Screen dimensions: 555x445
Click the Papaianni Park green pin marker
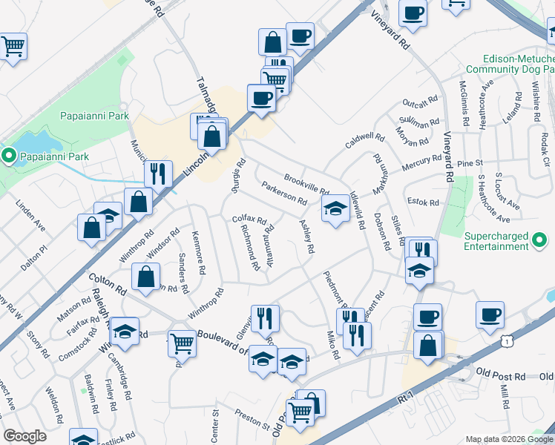9,156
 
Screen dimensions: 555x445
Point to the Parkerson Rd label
284,195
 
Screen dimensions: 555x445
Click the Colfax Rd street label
249,220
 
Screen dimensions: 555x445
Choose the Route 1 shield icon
506,340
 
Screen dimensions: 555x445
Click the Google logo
24,436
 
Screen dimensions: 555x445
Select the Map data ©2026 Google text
508,438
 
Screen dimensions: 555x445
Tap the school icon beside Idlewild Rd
335,211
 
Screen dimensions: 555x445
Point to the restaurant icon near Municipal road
158,174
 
